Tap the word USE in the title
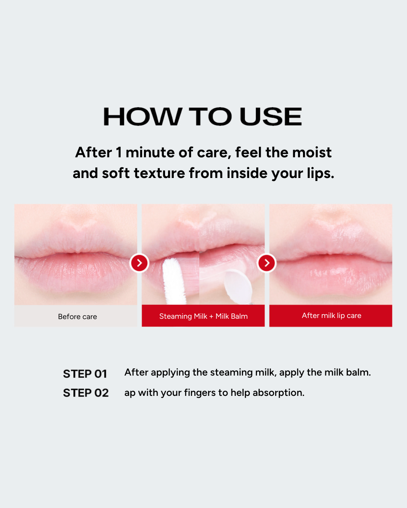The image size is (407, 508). (271, 117)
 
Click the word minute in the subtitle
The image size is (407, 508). (150, 152)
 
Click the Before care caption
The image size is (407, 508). (77, 316)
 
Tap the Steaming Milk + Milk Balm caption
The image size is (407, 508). (203, 316)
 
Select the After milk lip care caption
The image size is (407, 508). (332, 316)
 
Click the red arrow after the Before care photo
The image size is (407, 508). (139, 263)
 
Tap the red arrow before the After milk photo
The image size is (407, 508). (267, 263)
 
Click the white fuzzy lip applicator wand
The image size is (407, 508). (174, 281)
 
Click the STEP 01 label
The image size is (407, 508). (85, 374)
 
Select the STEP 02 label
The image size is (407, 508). (86, 393)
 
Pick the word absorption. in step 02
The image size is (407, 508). (278, 393)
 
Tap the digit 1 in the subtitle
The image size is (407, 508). (119, 152)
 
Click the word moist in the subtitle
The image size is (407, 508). (312, 152)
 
